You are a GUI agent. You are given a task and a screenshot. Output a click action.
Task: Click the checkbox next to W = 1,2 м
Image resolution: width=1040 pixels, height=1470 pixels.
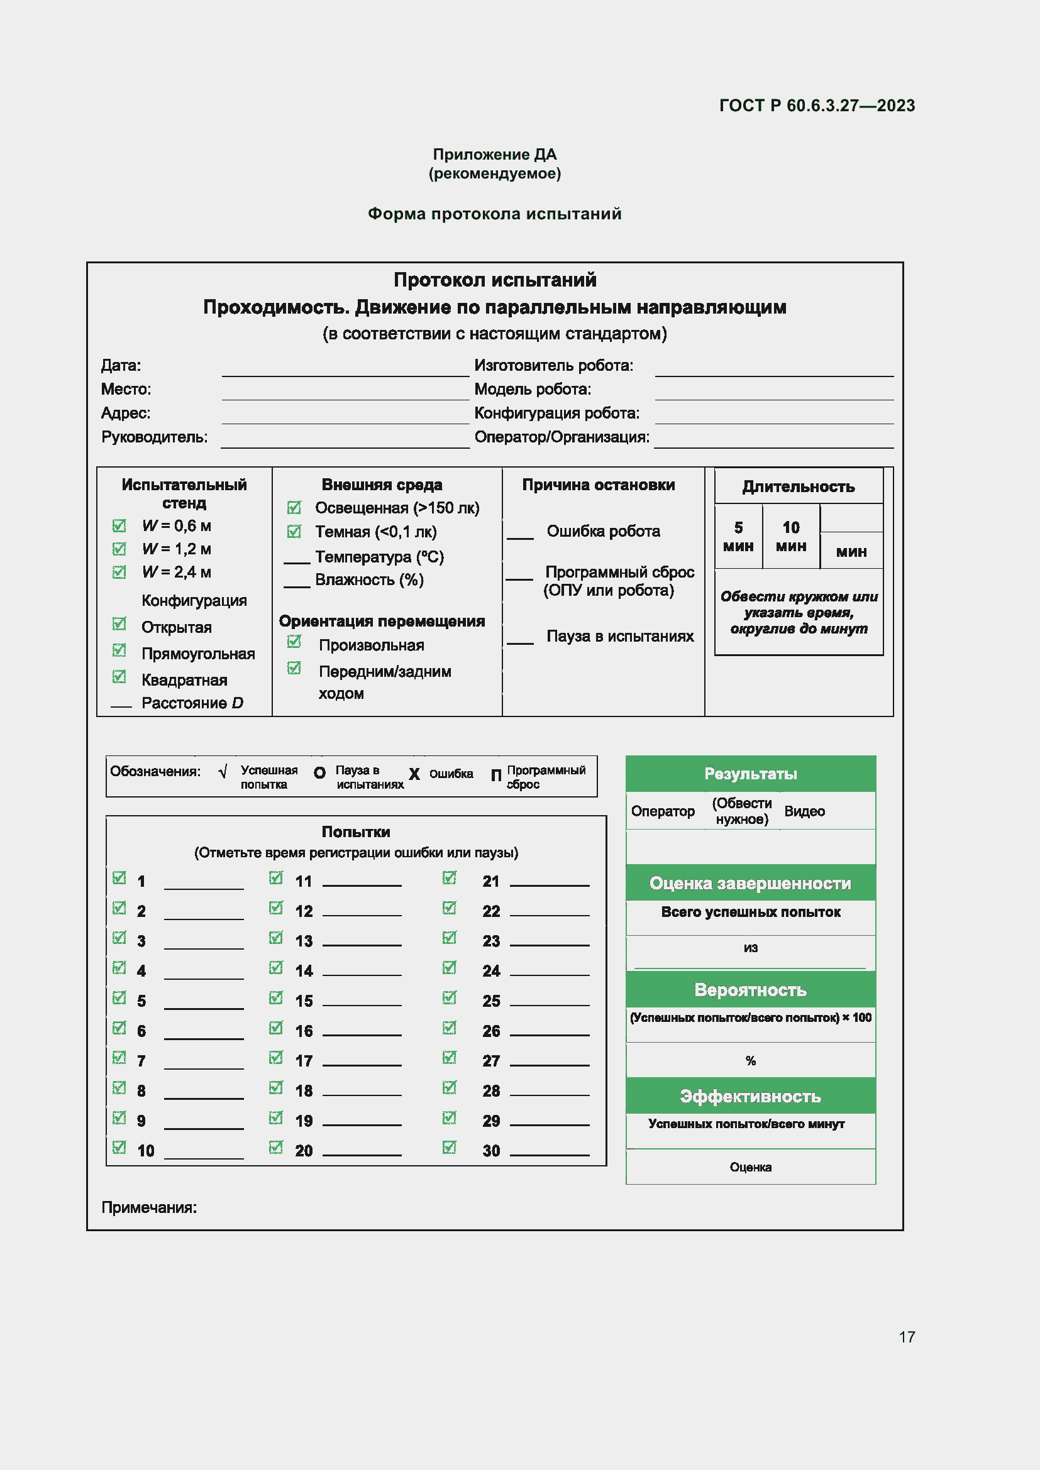[119, 549]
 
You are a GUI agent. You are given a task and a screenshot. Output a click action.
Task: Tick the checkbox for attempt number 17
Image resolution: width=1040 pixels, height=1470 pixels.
[276, 1058]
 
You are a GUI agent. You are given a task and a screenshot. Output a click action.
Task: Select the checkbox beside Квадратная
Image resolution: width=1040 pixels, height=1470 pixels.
[119, 677]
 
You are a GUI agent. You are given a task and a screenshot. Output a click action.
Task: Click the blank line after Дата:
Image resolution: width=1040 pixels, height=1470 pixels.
[345, 369]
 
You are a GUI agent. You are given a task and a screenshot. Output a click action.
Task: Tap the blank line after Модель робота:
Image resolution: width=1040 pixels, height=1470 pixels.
[773, 392]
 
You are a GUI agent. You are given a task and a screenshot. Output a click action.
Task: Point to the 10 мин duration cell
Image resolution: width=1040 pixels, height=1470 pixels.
[790, 537]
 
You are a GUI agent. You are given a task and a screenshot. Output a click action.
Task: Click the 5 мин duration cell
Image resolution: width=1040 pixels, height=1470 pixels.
[738, 537]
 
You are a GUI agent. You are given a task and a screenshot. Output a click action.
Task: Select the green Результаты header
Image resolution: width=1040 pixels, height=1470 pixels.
[750, 774]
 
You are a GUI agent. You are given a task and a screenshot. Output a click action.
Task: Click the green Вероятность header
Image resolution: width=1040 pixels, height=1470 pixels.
[750, 990]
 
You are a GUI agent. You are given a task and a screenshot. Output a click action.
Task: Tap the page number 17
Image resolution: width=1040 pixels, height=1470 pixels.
[906, 1337]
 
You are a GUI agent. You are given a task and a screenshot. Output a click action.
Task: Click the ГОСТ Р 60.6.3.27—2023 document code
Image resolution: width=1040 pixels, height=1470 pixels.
[817, 106]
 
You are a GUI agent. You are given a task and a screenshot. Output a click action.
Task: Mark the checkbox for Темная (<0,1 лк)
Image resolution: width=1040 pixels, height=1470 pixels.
[294, 532]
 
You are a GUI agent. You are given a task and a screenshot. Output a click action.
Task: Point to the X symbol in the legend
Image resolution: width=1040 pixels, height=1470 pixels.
[414, 774]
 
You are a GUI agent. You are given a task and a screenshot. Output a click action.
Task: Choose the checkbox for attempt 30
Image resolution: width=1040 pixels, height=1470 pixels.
[450, 1148]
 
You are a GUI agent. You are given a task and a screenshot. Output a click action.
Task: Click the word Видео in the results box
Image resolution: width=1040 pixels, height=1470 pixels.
[804, 811]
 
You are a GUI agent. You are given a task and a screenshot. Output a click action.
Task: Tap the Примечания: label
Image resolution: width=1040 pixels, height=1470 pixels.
[149, 1207]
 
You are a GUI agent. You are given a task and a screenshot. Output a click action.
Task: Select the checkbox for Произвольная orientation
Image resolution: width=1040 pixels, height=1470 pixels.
[294, 642]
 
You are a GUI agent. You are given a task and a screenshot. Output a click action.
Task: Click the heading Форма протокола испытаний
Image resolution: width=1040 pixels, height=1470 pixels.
[494, 214]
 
